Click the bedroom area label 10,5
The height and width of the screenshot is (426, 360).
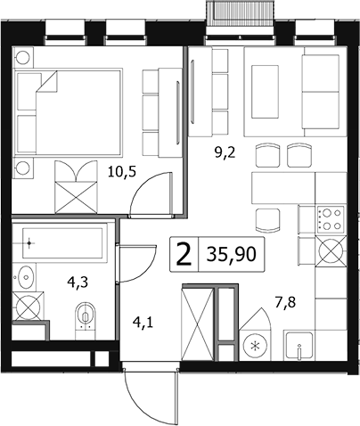[x=122, y=172]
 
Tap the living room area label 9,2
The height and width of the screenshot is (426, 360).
[x=225, y=153]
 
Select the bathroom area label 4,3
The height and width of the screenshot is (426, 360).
[x=78, y=282]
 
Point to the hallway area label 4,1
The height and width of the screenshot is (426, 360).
[x=143, y=323]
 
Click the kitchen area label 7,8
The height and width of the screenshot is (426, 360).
[x=285, y=303]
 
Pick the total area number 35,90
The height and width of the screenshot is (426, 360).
[x=231, y=254]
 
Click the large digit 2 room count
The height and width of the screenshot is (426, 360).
[x=184, y=254]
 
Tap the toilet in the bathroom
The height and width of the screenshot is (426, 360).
[x=86, y=319]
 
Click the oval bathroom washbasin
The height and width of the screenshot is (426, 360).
[x=26, y=277]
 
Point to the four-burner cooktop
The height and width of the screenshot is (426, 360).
[x=331, y=220]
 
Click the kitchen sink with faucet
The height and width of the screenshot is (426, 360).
[x=299, y=346]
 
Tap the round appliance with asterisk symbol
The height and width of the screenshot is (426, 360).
[x=255, y=346]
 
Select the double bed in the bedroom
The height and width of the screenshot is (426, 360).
[x=69, y=112]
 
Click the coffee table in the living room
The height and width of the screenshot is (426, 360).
[x=265, y=92]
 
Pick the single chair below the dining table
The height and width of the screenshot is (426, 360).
[x=268, y=220]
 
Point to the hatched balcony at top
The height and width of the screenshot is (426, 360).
[x=240, y=13]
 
